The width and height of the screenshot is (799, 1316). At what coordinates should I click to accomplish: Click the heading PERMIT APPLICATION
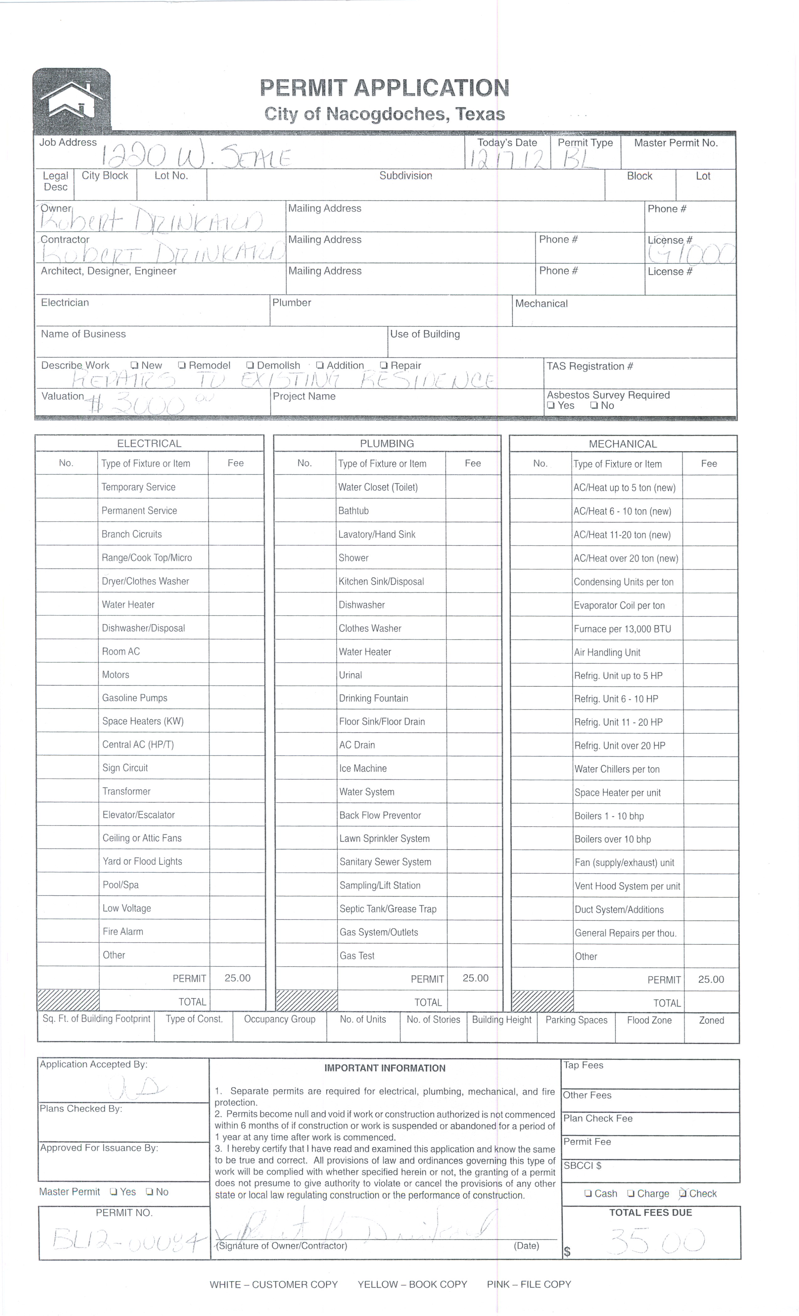pos(384,88)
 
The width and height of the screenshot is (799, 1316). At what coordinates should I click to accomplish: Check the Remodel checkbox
pos(182,365)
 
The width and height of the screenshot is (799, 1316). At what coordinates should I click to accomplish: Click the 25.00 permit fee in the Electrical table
pos(237,978)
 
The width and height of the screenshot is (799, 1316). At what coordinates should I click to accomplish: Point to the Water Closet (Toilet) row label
pos(378,487)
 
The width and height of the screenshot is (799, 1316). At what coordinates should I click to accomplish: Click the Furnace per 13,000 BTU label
pos(622,629)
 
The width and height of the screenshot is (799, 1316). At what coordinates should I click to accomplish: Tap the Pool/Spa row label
pos(121,885)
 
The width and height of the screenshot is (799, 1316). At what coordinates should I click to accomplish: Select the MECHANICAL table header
pos(623,444)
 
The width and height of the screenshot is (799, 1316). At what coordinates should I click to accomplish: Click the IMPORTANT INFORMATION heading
pos(384,1068)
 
